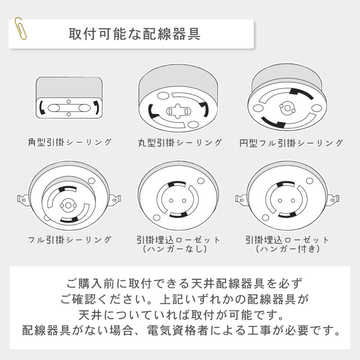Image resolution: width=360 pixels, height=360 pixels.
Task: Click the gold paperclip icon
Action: [20, 28]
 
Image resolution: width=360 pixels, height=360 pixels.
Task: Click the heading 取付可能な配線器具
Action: [135, 34]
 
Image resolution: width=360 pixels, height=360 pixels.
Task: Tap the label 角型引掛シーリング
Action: [70, 142]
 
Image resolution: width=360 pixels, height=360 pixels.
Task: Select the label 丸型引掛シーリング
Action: [180, 143]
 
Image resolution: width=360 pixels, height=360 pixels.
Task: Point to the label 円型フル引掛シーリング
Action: [291, 143]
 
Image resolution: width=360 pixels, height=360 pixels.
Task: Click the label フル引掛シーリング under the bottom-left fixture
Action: [70, 240]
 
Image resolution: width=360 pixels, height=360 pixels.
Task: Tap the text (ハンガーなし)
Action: [175, 249]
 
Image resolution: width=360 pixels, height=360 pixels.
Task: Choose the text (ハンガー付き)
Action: [288, 249]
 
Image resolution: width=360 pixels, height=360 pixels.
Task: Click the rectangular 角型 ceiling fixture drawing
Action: [69, 98]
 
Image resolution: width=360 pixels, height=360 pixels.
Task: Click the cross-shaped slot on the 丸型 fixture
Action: [178, 111]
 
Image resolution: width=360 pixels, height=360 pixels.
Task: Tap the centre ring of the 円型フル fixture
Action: [287, 108]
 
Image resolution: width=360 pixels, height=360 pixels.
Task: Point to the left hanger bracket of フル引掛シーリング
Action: [23, 199]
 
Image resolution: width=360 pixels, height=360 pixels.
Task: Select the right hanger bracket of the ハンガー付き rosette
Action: [334, 199]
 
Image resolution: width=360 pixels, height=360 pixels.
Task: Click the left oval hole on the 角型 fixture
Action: [54, 108]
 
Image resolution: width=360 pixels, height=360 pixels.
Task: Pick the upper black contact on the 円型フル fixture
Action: [301, 94]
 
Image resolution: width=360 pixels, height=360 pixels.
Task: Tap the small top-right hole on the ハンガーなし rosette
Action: [201, 181]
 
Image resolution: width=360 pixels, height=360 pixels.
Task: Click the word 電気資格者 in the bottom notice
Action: [177, 331]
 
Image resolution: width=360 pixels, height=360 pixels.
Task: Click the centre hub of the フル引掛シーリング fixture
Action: [68, 205]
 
